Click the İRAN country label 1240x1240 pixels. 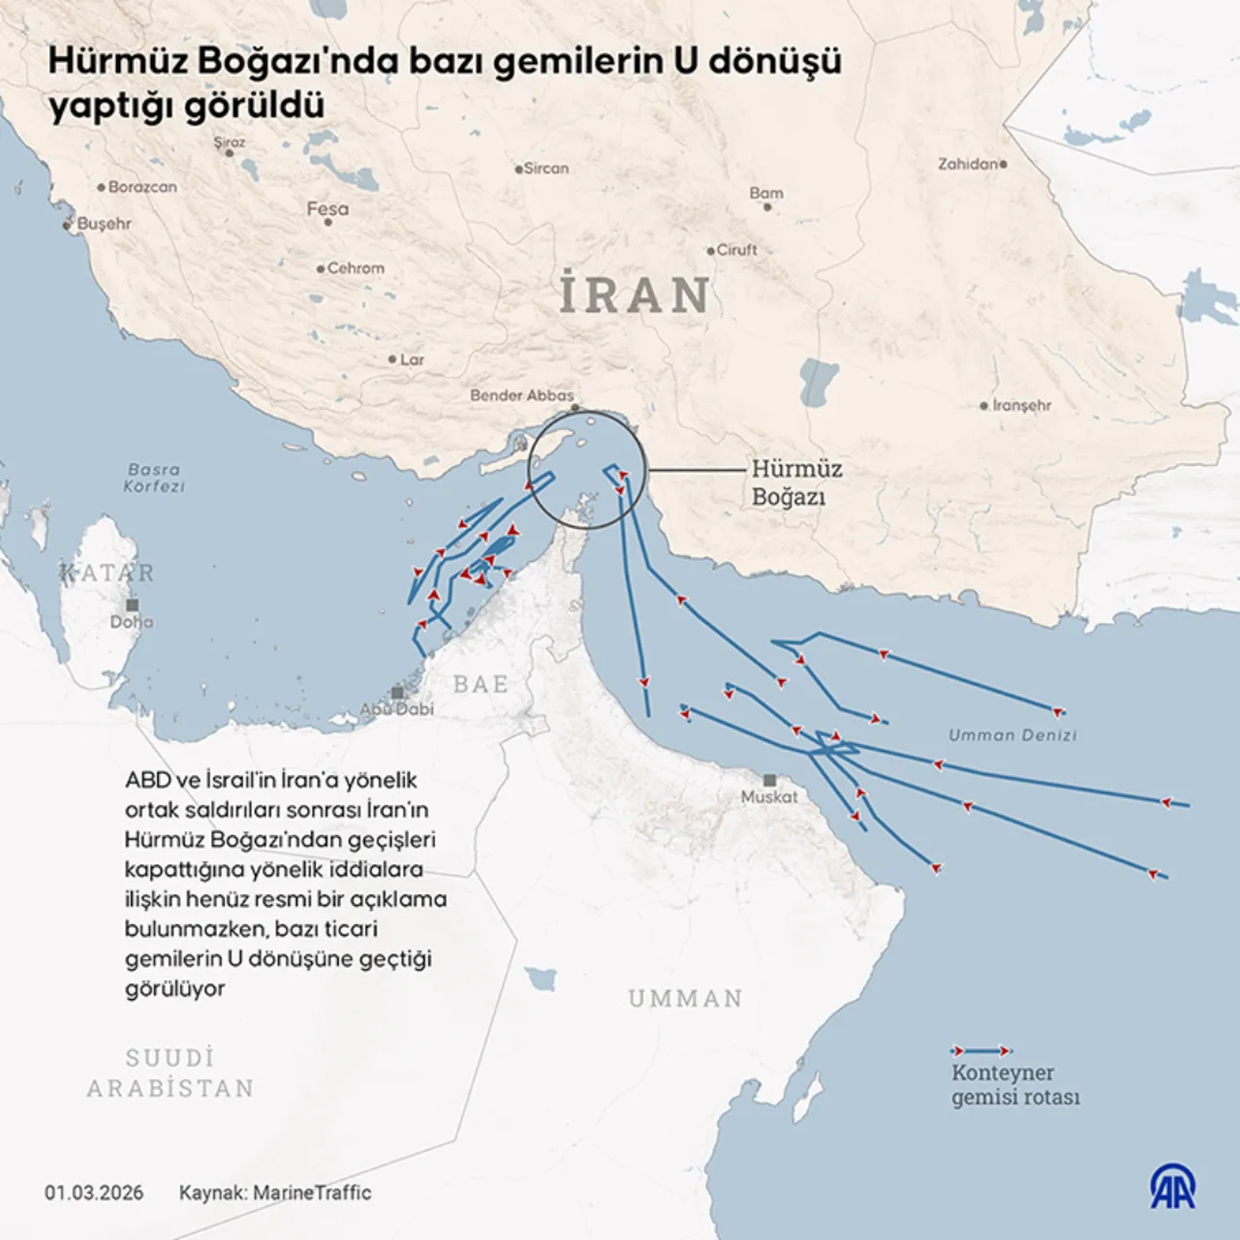635,294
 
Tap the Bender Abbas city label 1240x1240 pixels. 521,395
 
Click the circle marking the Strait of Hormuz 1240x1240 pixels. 588,469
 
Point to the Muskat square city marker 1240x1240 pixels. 769,780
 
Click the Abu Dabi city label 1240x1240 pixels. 397,708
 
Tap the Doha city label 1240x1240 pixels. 132,622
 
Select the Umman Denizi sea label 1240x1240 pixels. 1012,735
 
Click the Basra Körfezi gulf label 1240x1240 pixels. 154,478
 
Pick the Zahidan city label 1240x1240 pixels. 968,165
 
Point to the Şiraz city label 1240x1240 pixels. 230,142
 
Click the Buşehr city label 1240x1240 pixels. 104,224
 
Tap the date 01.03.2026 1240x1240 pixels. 94,1193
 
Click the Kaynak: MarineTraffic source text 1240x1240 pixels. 275,1193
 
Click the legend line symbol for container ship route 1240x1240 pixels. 981,1050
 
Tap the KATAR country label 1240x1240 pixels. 108,573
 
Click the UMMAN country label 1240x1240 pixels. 685,998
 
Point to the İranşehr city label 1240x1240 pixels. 1021,406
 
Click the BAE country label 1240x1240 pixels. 480,684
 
